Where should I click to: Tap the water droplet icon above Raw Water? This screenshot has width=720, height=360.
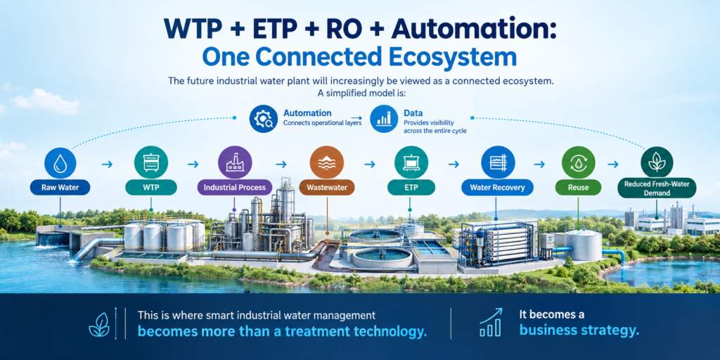tap(60, 163)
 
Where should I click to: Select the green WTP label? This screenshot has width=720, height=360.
tap(151, 187)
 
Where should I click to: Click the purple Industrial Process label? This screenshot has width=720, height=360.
tap(234, 187)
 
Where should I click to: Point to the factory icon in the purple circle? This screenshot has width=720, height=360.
tap(234, 163)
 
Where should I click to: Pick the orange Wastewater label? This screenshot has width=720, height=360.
tap(326, 187)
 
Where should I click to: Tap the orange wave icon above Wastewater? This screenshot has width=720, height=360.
tap(326, 163)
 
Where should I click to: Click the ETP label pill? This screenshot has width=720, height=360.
tap(411, 187)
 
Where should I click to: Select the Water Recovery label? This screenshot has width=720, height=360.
tap(497, 187)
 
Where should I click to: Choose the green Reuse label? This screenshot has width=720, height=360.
tap(578, 187)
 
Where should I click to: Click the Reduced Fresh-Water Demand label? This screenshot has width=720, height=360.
tap(657, 188)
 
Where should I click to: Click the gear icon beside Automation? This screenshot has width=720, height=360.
tap(263, 119)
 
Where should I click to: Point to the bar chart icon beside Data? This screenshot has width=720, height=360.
tap(383, 119)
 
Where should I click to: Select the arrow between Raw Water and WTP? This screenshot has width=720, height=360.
tap(107, 164)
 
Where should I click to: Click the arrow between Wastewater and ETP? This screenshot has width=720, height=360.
tap(369, 164)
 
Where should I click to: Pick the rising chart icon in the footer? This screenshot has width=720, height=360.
tap(491, 322)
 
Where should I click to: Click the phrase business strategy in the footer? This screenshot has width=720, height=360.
tap(579, 330)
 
